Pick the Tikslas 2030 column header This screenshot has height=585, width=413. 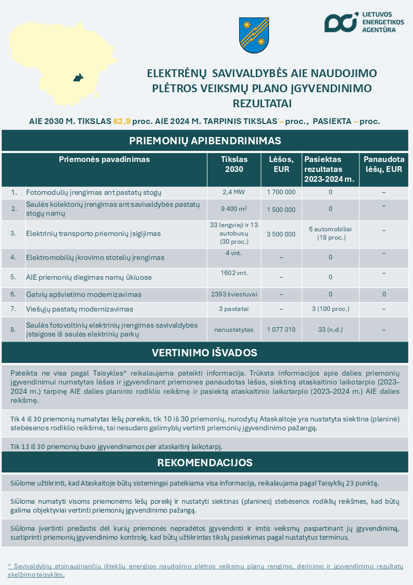(234, 164)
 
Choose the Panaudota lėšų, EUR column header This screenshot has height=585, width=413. (383, 164)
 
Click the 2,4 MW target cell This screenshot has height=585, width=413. (234, 192)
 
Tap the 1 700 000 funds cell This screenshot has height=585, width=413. (281, 192)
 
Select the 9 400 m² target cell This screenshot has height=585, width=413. (234, 209)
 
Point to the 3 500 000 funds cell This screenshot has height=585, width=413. (281, 234)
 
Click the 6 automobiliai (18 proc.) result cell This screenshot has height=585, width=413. (330, 233)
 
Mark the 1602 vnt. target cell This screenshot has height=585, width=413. (234, 272)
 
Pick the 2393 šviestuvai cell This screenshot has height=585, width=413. (234, 294)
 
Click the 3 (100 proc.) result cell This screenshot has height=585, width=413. (330, 309)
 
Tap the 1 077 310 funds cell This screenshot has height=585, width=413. (281, 329)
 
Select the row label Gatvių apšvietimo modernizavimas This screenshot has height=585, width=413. (84, 294)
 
